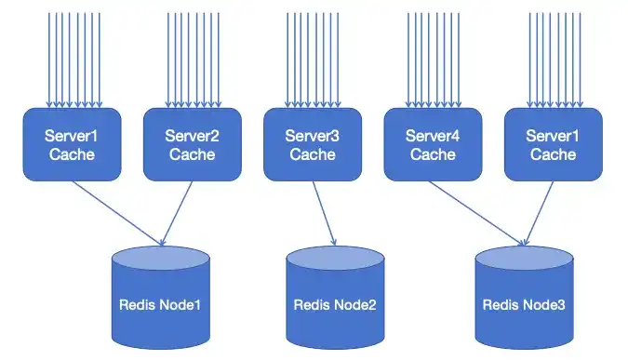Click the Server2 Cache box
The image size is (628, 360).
coord(193,144)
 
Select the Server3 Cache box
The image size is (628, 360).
coord(313,144)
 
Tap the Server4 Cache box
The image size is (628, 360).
coord(433,144)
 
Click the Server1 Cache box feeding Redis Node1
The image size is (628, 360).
coord(72,144)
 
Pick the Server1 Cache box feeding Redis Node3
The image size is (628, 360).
coord(553,144)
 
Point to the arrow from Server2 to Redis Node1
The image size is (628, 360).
coord(179,211)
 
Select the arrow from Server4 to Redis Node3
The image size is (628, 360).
coord(474,211)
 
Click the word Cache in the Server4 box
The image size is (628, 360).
coord(433,153)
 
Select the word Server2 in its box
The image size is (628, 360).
coord(193,136)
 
